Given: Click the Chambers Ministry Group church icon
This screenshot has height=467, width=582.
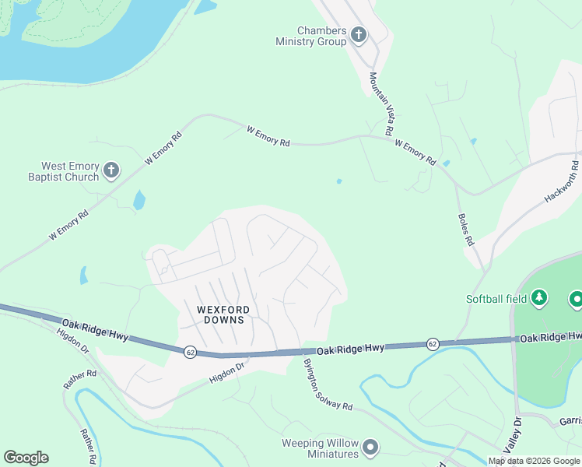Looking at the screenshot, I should tap(359, 34).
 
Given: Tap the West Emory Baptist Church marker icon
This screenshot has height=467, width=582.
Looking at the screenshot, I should tap(111, 170).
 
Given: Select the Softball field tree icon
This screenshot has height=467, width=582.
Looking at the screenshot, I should tap(539, 298).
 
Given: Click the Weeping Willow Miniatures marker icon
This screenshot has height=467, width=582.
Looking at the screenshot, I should tap(370, 447).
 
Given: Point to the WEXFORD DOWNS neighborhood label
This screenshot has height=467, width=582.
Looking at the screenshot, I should tap(221, 314).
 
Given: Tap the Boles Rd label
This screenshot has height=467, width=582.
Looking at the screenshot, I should tap(464, 230).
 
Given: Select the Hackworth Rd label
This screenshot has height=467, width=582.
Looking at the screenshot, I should tap(561, 182).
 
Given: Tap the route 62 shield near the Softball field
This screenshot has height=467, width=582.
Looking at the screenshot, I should tap(432, 343).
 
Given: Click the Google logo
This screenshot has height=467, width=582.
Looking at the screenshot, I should tap(26, 458).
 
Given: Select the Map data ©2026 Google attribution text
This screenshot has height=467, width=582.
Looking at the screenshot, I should tap(534, 461).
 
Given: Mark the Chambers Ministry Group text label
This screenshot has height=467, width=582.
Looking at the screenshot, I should tap(311, 36).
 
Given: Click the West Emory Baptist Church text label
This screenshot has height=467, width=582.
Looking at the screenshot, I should tap(70, 171).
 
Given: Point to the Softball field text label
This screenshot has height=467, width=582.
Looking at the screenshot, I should tap(496, 299).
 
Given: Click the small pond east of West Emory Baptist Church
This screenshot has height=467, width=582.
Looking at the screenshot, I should tap(139, 201).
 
